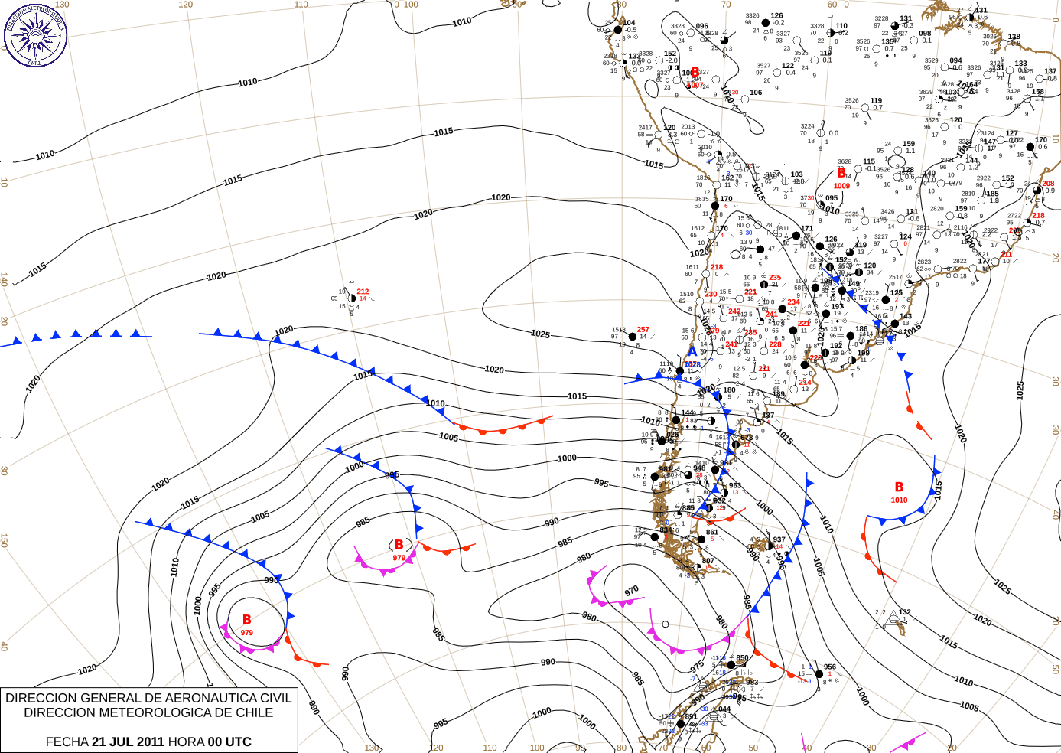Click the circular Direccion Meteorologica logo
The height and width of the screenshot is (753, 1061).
[x=35, y=34]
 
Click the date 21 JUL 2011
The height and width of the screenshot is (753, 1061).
[x=128, y=742]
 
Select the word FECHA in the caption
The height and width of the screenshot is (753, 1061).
[x=67, y=742]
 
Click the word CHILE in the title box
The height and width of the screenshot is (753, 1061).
[x=252, y=712]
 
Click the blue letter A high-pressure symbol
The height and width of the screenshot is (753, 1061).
[x=692, y=352]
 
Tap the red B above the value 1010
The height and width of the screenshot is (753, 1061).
[x=899, y=487]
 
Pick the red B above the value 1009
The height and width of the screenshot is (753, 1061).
[x=841, y=174]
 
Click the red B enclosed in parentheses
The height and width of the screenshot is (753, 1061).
[x=399, y=545]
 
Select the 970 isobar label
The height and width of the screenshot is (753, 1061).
[x=631, y=592]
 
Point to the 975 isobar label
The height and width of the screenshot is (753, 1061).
[x=697, y=667]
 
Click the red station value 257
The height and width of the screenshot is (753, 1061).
[x=643, y=330]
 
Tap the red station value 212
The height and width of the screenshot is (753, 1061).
[x=363, y=292]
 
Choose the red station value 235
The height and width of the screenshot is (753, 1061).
[x=775, y=278]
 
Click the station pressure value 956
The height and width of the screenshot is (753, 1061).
[x=829, y=667]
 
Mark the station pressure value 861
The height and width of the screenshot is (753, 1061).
[x=711, y=532]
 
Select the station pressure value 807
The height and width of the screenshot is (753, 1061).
[x=708, y=561]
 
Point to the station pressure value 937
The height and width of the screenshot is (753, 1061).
[x=779, y=539]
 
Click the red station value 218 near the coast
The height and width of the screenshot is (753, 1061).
[x=716, y=267]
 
